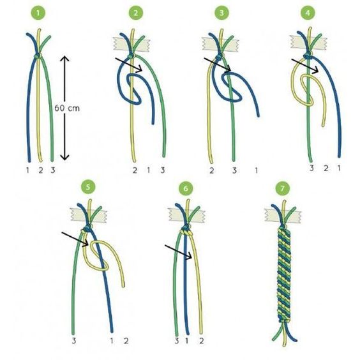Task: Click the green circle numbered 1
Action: [x=38, y=13]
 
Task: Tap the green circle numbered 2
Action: [x=136, y=13]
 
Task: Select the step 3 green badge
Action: [x=221, y=13]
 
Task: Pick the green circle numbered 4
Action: [x=308, y=13]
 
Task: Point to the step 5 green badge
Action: [x=88, y=187]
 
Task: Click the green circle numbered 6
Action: [x=186, y=188]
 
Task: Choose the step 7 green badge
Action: [x=282, y=188]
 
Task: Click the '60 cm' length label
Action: [x=67, y=108]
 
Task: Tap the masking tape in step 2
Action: [x=131, y=44]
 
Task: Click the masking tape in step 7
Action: [x=283, y=216]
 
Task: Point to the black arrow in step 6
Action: [x=178, y=252]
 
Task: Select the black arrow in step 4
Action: [x=305, y=66]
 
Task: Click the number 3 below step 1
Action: [x=53, y=170]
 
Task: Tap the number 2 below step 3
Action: [x=211, y=170]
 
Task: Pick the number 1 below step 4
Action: [x=339, y=169]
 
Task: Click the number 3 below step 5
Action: [x=73, y=341]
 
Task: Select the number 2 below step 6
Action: [x=201, y=341]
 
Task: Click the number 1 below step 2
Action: [x=149, y=170]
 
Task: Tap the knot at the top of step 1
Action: [x=38, y=56]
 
